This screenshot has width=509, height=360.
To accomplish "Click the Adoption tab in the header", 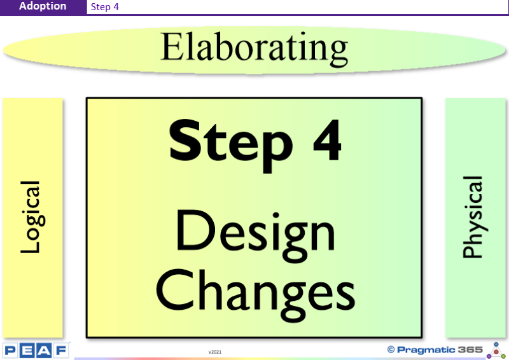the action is [x=43, y=6].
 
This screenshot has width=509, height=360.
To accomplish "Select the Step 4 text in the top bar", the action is [x=104, y=7].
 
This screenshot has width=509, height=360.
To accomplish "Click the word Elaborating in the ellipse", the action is [x=254, y=48].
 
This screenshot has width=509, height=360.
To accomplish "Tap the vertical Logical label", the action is [x=32, y=217].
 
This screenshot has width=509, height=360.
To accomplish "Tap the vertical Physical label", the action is [x=473, y=217].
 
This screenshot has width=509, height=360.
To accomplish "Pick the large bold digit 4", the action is [x=327, y=140].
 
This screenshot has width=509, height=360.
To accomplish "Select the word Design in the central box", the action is [x=255, y=235].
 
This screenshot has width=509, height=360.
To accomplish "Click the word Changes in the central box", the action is [x=256, y=294].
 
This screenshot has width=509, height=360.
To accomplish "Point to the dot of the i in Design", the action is [x=275, y=216].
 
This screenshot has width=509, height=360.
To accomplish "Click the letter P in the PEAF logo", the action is [x=10, y=350].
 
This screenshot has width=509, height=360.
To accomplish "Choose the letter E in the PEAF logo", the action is [x=27, y=350].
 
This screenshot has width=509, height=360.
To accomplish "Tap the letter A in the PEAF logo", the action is [x=44, y=350].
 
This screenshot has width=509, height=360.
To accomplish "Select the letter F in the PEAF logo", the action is [x=61, y=350].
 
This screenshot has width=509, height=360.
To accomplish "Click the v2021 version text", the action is [x=215, y=352].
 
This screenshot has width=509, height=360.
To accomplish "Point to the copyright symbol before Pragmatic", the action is [x=391, y=350].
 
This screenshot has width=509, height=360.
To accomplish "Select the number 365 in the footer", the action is [x=470, y=350].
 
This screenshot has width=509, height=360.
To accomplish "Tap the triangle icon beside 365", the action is [x=496, y=350].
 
